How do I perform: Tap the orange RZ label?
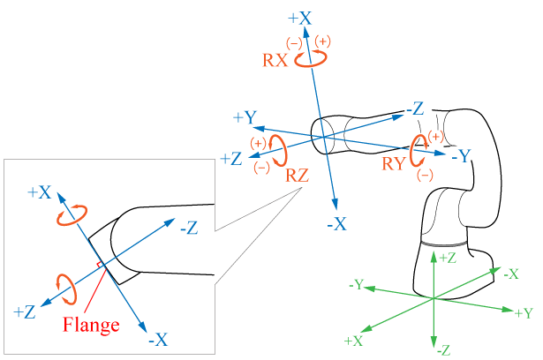298,175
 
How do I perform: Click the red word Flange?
91,325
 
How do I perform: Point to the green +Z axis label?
448,257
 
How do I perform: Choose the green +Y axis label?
523,312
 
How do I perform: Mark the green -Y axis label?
357,284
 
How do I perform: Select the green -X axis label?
509,274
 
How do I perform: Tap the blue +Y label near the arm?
245,117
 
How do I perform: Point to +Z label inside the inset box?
25,311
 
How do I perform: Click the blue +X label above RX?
301,18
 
